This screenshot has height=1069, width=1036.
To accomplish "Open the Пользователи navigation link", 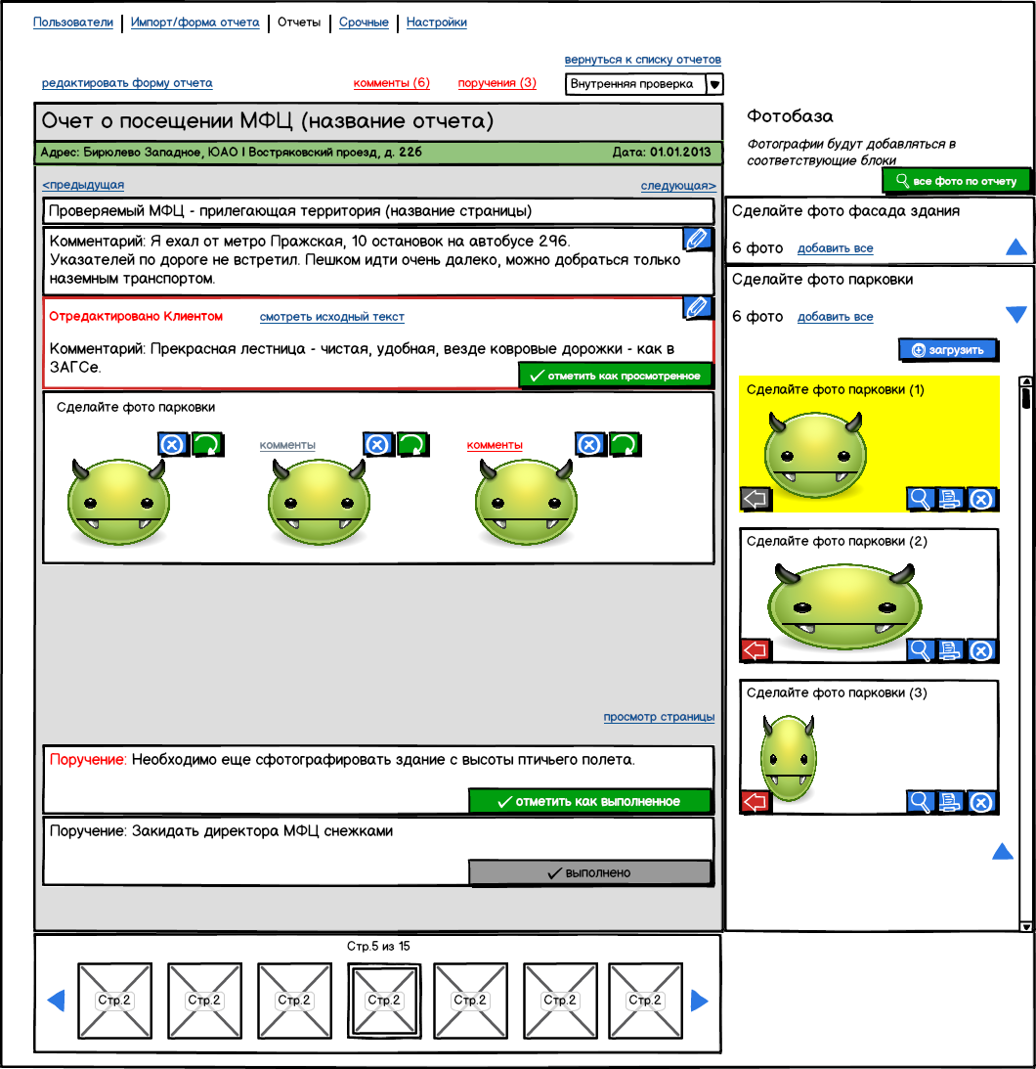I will pyautogui.click(x=73, y=22).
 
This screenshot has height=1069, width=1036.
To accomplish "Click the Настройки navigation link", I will pyautogui.click(x=436, y=22).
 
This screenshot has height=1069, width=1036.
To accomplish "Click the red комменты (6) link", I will pyautogui.click(x=391, y=83).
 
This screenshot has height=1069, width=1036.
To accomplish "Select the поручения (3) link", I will pyautogui.click(x=496, y=83).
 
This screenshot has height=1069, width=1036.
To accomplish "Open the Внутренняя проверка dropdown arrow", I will pyautogui.click(x=714, y=84).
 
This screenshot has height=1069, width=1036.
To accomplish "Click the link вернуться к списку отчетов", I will pyautogui.click(x=642, y=61).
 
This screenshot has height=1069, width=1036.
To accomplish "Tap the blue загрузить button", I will pyautogui.click(x=947, y=349).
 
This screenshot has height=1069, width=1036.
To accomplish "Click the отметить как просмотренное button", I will pyautogui.click(x=616, y=375).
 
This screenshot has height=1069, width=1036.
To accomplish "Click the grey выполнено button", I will pyautogui.click(x=589, y=872).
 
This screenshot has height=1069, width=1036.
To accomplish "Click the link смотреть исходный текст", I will pyautogui.click(x=331, y=317).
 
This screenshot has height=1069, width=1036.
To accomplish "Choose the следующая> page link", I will pyautogui.click(x=677, y=186).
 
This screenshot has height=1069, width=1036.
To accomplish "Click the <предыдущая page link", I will pyautogui.click(x=83, y=185).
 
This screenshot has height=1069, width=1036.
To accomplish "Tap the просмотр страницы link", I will pyautogui.click(x=659, y=717).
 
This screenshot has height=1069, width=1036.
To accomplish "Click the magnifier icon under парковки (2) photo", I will pyautogui.click(x=920, y=650).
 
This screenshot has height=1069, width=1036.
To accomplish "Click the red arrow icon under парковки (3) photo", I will pyautogui.click(x=756, y=802).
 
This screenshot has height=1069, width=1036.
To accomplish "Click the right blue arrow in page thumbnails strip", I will pyautogui.click(x=699, y=1000).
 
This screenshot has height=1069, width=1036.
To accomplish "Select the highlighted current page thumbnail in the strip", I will pyautogui.click(x=384, y=1000).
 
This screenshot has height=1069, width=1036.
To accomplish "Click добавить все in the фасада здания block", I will pyautogui.click(x=835, y=248).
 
